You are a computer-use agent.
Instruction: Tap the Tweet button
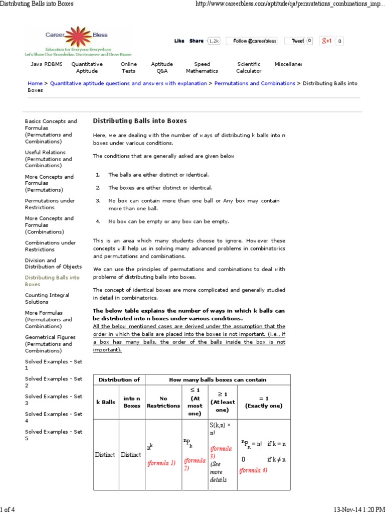pyautogui.click(x=298, y=41)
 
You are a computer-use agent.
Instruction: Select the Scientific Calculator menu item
pyautogui.click(x=249, y=67)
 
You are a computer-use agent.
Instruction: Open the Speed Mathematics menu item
pyautogui.click(x=202, y=67)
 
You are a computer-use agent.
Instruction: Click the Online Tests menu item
pyautogui.click(x=128, y=67)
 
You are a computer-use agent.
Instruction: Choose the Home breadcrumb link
pyautogui.click(x=35, y=83)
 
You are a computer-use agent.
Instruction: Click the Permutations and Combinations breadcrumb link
pyautogui.click(x=255, y=83)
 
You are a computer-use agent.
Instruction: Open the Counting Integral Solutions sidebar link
pyautogui.click(x=47, y=298)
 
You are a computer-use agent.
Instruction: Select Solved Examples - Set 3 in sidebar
pyautogui.click(x=54, y=400)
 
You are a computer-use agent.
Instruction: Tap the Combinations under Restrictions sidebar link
pyautogui.click(x=50, y=246)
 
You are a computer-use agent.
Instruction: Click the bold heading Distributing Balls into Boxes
pyautogui.click(x=140, y=121)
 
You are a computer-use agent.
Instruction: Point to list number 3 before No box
pyautogui.click(x=98, y=200)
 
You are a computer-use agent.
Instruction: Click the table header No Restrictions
pyautogui.click(x=163, y=402)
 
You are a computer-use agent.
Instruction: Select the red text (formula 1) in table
pyautogui.click(x=161, y=463)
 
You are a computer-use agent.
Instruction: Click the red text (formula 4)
pyautogui.click(x=253, y=470)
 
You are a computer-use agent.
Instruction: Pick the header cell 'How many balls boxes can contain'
pyautogui.click(x=218, y=379)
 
